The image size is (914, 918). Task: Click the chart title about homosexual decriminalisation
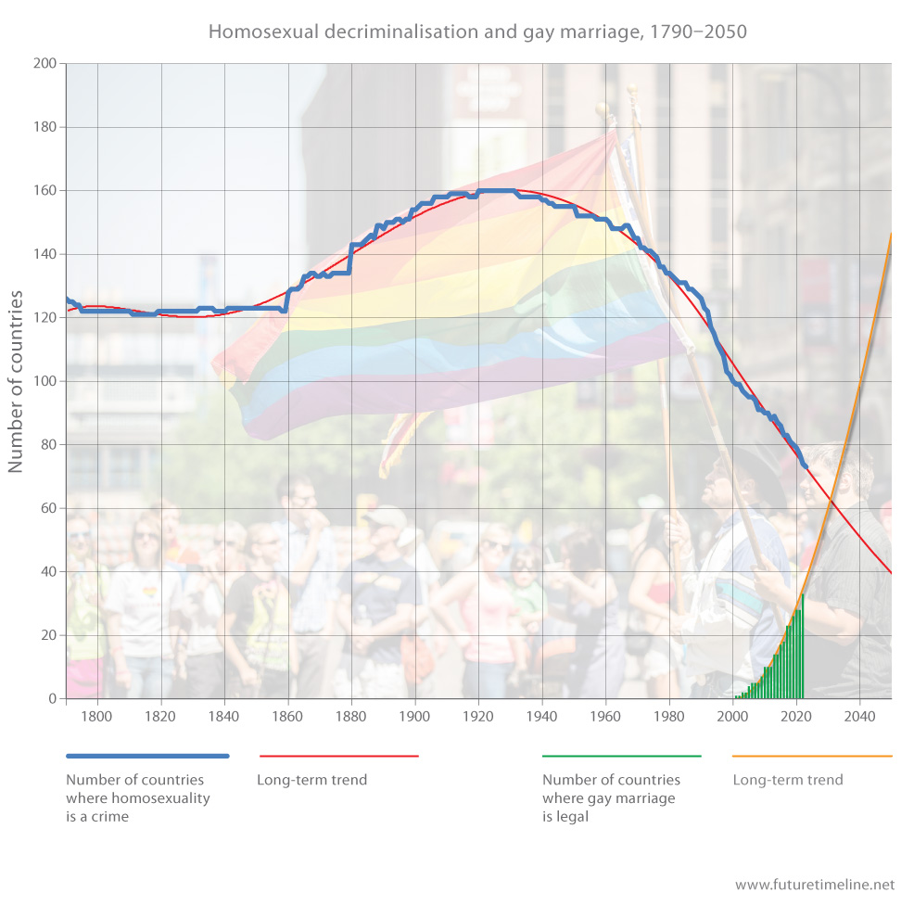click(477, 32)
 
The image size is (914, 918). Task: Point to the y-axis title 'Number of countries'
click(17, 381)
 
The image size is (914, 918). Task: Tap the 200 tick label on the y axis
click(44, 64)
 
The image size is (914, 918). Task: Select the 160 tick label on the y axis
click(44, 191)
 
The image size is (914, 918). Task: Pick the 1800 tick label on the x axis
click(96, 716)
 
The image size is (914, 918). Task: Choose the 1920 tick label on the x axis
click(478, 716)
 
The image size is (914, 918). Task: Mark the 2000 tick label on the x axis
click(733, 716)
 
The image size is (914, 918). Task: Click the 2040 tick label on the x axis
click(860, 716)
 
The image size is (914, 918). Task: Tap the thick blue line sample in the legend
click(147, 756)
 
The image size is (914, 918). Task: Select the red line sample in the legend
click(338, 756)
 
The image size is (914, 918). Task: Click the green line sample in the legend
click(622, 756)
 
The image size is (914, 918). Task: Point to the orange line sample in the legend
click(812, 756)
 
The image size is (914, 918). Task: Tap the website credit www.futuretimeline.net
click(815, 885)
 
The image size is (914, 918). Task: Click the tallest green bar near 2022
click(802, 649)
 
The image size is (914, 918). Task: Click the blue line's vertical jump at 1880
click(350, 259)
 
